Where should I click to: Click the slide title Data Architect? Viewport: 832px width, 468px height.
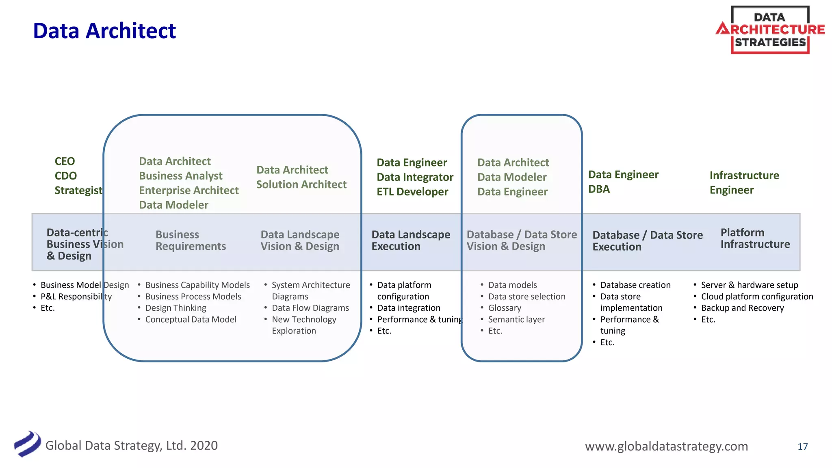point(104,31)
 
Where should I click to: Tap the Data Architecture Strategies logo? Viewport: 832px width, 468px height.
point(770,30)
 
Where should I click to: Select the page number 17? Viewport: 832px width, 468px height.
point(802,446)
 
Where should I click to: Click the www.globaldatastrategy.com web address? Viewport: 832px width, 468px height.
point(666,446)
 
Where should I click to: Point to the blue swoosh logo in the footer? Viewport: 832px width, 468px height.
point(27,444)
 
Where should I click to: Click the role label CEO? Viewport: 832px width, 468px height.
point(65,161)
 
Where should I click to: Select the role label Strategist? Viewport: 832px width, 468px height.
point(78,191)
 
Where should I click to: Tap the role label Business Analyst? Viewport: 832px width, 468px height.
point(181,176)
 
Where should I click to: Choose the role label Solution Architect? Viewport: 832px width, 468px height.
point(301,184)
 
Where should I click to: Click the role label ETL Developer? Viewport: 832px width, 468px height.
point(412,192)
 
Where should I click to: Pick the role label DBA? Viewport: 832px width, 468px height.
point(599,189)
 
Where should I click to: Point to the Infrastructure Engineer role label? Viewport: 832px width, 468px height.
point(744,183)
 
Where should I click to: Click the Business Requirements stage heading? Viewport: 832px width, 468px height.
point(191,240)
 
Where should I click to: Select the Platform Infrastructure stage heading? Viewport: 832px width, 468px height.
point(755,238)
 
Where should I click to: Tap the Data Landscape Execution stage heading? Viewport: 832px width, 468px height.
point(411,240)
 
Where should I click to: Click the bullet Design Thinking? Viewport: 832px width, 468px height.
point(175,308)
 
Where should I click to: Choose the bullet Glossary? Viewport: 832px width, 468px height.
point(505,308)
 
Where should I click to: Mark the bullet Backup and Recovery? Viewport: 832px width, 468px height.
point(742,308)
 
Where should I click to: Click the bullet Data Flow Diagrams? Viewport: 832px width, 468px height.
point(310,308)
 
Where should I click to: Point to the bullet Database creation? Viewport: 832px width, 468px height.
point(635,285)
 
